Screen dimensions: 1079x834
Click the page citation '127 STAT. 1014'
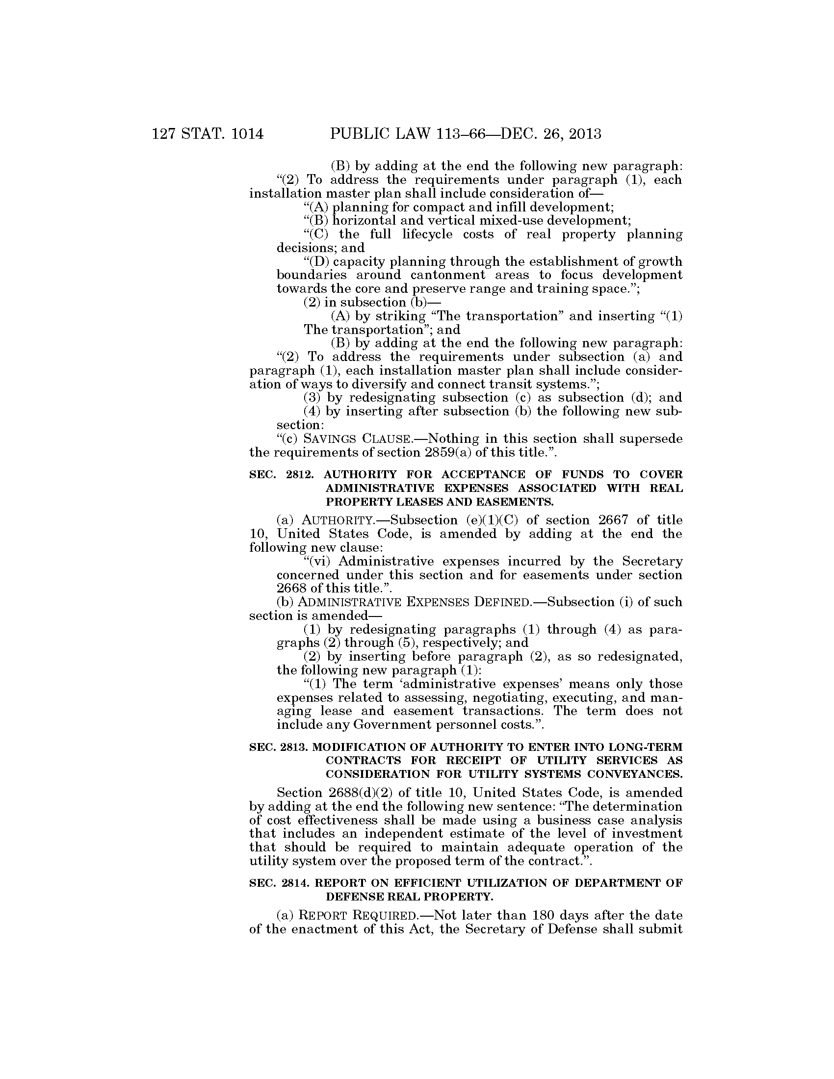208,134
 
